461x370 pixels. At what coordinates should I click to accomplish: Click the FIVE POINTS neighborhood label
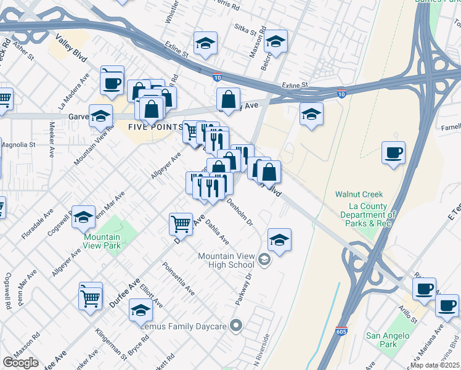(x=155, y=127)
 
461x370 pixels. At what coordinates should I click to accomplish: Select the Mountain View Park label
(x=102, y=241)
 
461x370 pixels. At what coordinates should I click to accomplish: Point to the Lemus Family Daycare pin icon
(x=236, y=326)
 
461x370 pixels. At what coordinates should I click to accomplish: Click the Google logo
(x=21, y=362)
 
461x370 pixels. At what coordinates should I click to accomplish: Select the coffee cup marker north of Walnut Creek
(x=393, y=152)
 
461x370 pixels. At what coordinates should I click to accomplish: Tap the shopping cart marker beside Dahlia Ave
(x=180, y=223)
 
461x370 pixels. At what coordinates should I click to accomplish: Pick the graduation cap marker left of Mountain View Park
(x=83, y=216)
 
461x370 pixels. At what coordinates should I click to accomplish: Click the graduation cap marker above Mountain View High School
(x=279, y=239)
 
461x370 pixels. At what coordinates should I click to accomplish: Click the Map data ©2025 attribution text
(x=435, y=365)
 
